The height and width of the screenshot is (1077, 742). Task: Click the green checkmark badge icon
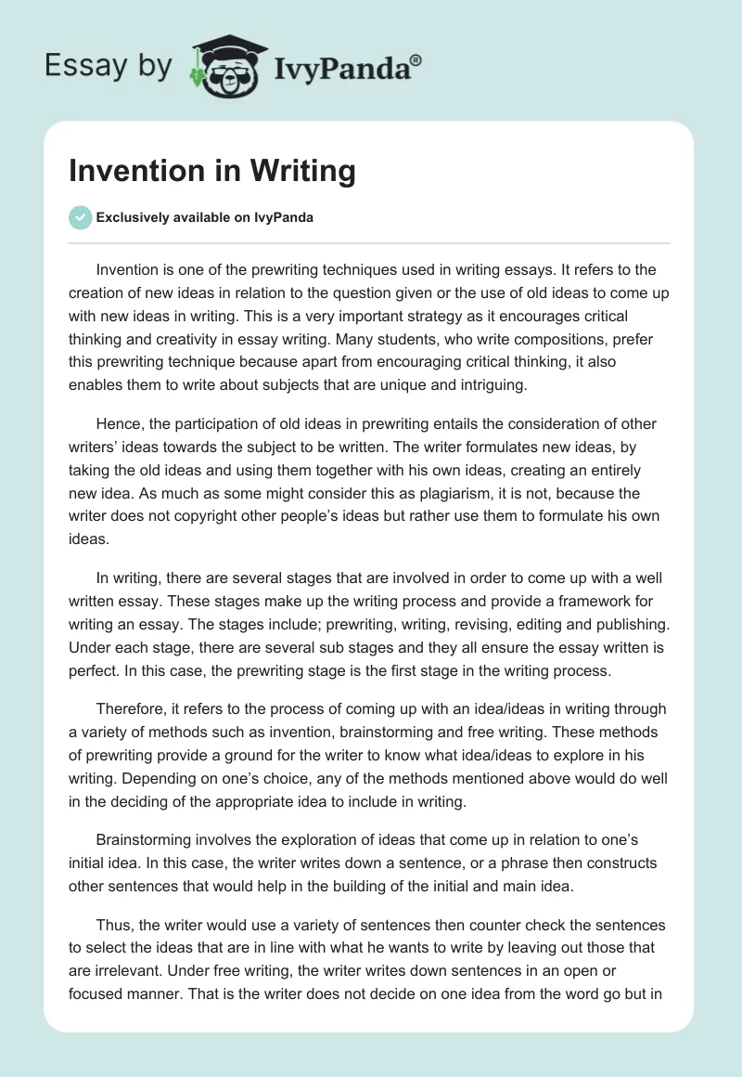click(80, 217)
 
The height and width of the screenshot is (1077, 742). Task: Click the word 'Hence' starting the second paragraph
click(117, 424)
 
